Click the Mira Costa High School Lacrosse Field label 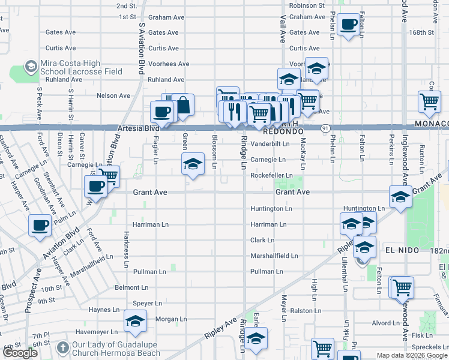81,68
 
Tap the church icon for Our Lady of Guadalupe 63,348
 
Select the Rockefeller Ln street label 271,175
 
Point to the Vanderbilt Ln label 270,144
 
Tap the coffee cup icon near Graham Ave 349,25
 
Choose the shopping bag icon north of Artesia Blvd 183,106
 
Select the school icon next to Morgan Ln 135,321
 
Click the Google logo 20,353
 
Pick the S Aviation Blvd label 142,48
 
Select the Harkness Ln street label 127,248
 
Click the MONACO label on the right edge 431,123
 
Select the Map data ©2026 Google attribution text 412,355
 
